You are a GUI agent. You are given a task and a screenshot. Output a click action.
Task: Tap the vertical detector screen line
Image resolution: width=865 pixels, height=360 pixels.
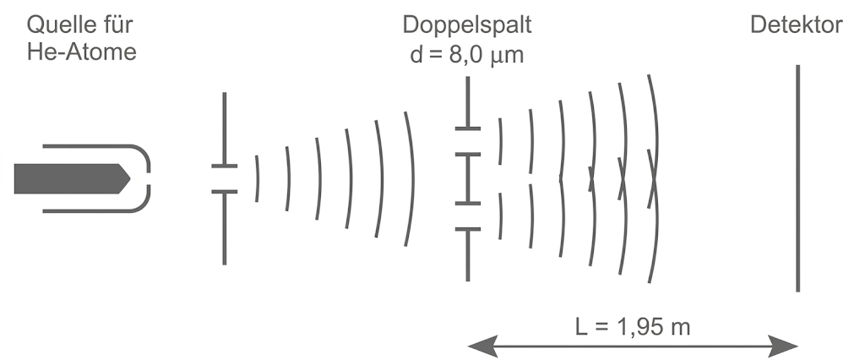click(797, 177)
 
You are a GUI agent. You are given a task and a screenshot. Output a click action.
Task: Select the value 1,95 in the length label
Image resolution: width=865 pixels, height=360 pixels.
click(636, 325)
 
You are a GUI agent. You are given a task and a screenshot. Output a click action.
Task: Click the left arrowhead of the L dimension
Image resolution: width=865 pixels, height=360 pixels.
click(478, 345)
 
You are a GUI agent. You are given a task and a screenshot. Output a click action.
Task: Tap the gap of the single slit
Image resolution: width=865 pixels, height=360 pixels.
click(225, 178)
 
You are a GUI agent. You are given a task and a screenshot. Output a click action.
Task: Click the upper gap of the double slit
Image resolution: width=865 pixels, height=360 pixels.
click(467, 141)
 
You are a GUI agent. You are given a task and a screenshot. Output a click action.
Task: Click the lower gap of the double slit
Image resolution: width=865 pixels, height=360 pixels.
click(467, 216)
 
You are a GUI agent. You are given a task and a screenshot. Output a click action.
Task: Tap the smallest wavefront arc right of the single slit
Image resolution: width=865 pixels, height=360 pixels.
click(258, 178)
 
